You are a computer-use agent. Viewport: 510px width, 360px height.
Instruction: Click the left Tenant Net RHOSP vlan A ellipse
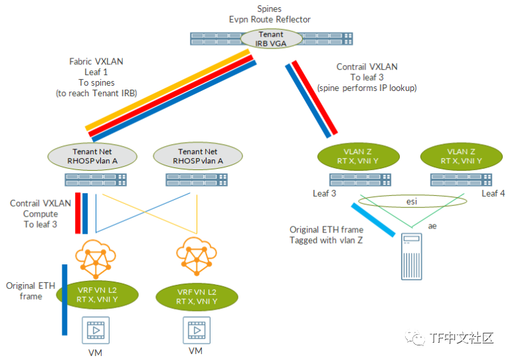(x=92, y=156)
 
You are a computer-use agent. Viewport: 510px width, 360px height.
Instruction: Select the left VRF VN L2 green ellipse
(x=97, y=295)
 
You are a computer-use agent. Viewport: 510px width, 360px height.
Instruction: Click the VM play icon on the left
(x=96, y=329)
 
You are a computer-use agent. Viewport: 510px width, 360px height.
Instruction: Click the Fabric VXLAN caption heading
(x=96, y=62)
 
